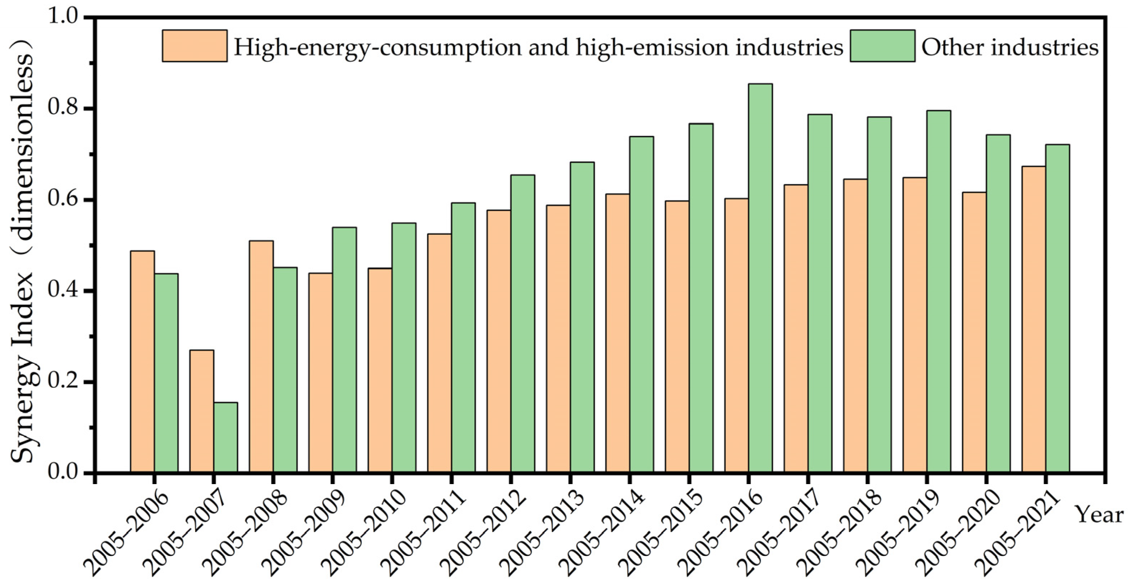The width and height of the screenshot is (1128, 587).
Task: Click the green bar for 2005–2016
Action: click(760, 278)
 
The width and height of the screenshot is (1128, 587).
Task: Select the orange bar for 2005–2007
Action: click(202, 411)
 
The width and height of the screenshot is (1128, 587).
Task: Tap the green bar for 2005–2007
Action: click(225, 437)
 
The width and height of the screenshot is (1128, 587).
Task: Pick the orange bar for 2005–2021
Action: click(1034, 319)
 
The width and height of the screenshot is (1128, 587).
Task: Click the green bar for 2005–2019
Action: click(938, 291)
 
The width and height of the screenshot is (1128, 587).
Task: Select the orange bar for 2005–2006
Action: click(142, 361)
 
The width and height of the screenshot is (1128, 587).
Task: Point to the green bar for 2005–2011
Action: click(463, 337)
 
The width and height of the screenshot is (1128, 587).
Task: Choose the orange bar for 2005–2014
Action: click(618, 333)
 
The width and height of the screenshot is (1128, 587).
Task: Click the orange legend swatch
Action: click(195, 46)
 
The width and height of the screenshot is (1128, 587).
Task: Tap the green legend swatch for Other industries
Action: click(882, 46)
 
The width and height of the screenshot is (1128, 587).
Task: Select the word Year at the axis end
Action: click(1100, 515)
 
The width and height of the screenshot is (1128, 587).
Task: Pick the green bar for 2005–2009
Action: click(344, 350)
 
